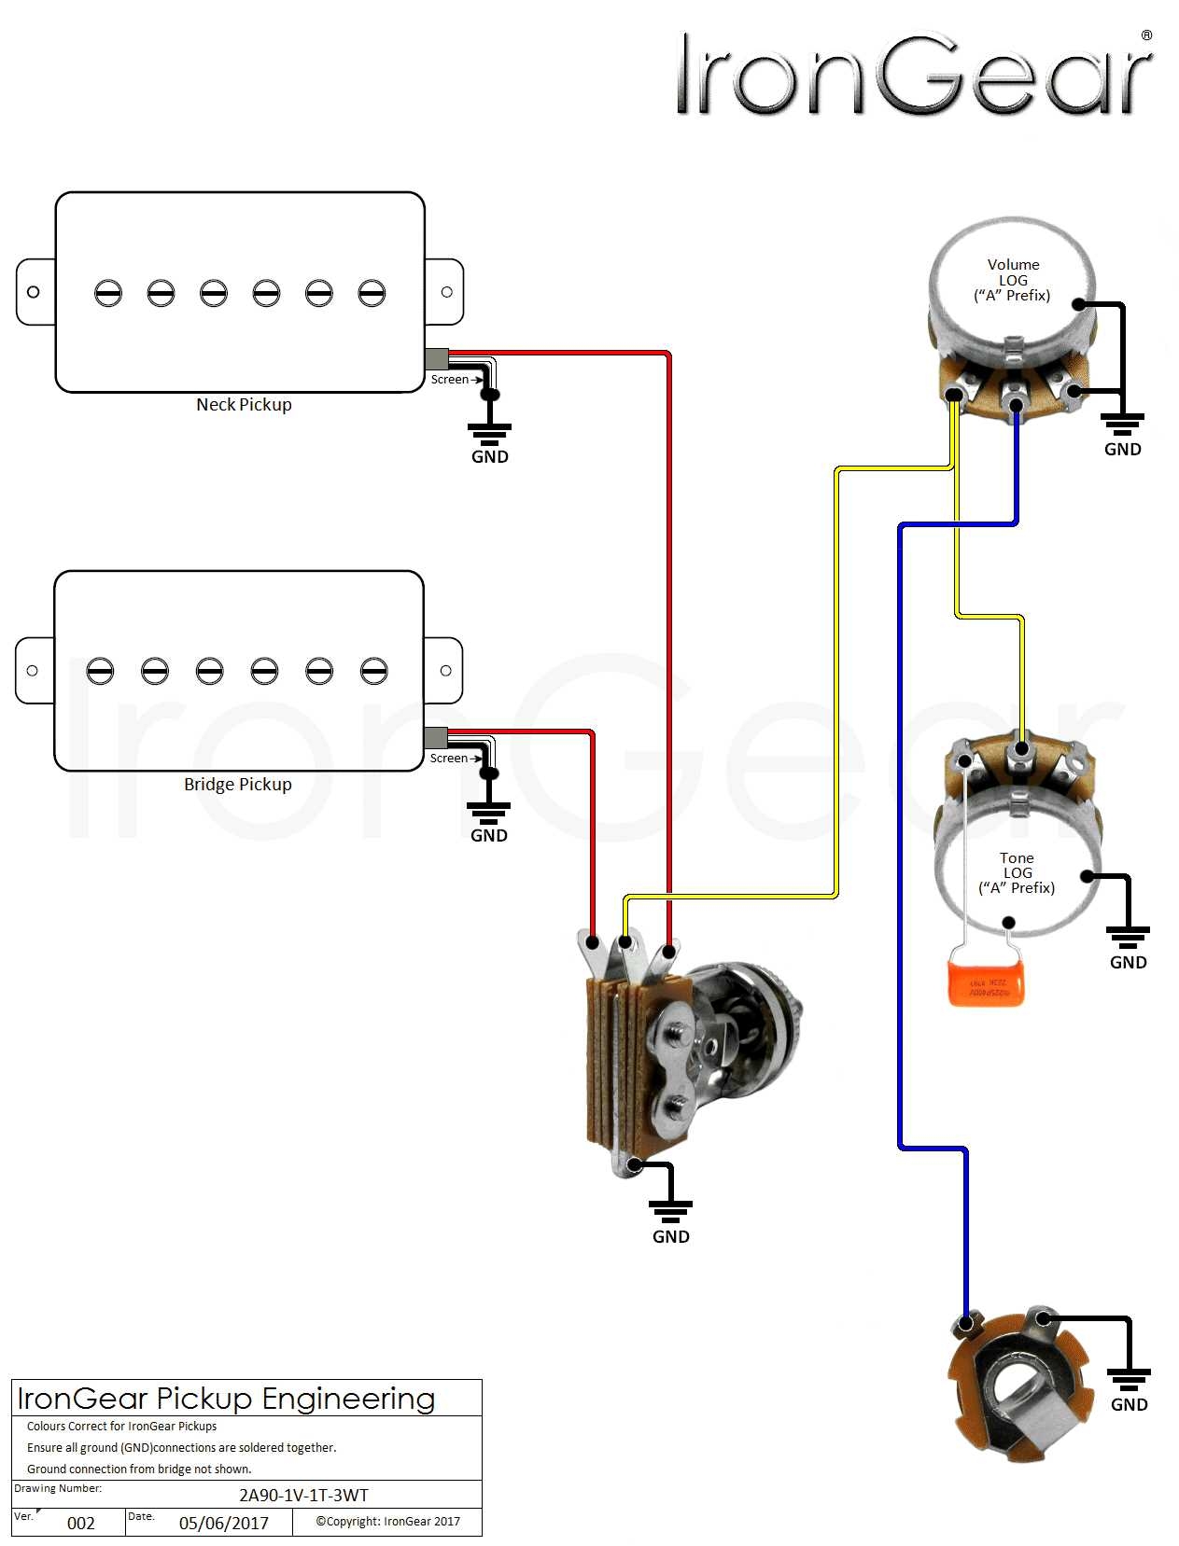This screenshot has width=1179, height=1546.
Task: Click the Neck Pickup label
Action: click(244, 405)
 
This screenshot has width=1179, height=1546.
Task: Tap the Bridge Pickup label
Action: click(237, 785)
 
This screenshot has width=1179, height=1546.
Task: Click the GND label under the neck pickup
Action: click(489, 456)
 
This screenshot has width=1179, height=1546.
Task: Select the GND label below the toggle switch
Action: click(670, 1236)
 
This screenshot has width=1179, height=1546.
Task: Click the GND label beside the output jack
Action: click(1129, 1404)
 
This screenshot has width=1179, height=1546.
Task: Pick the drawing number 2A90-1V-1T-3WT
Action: click(303, 1495)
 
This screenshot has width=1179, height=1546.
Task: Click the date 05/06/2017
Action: click(224, 1523)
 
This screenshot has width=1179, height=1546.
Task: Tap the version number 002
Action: click(81, 1523)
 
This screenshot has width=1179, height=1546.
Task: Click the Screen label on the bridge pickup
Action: click(448, 759)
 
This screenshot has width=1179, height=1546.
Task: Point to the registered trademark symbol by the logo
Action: click(1146, 35)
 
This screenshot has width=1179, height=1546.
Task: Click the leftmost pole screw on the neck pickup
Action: click(108, 293)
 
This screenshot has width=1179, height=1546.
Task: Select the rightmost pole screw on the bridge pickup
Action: click(373, 671)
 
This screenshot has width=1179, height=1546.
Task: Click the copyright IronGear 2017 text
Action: click(387, 1521)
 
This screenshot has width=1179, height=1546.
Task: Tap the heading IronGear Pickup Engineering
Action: click(226, 1399)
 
